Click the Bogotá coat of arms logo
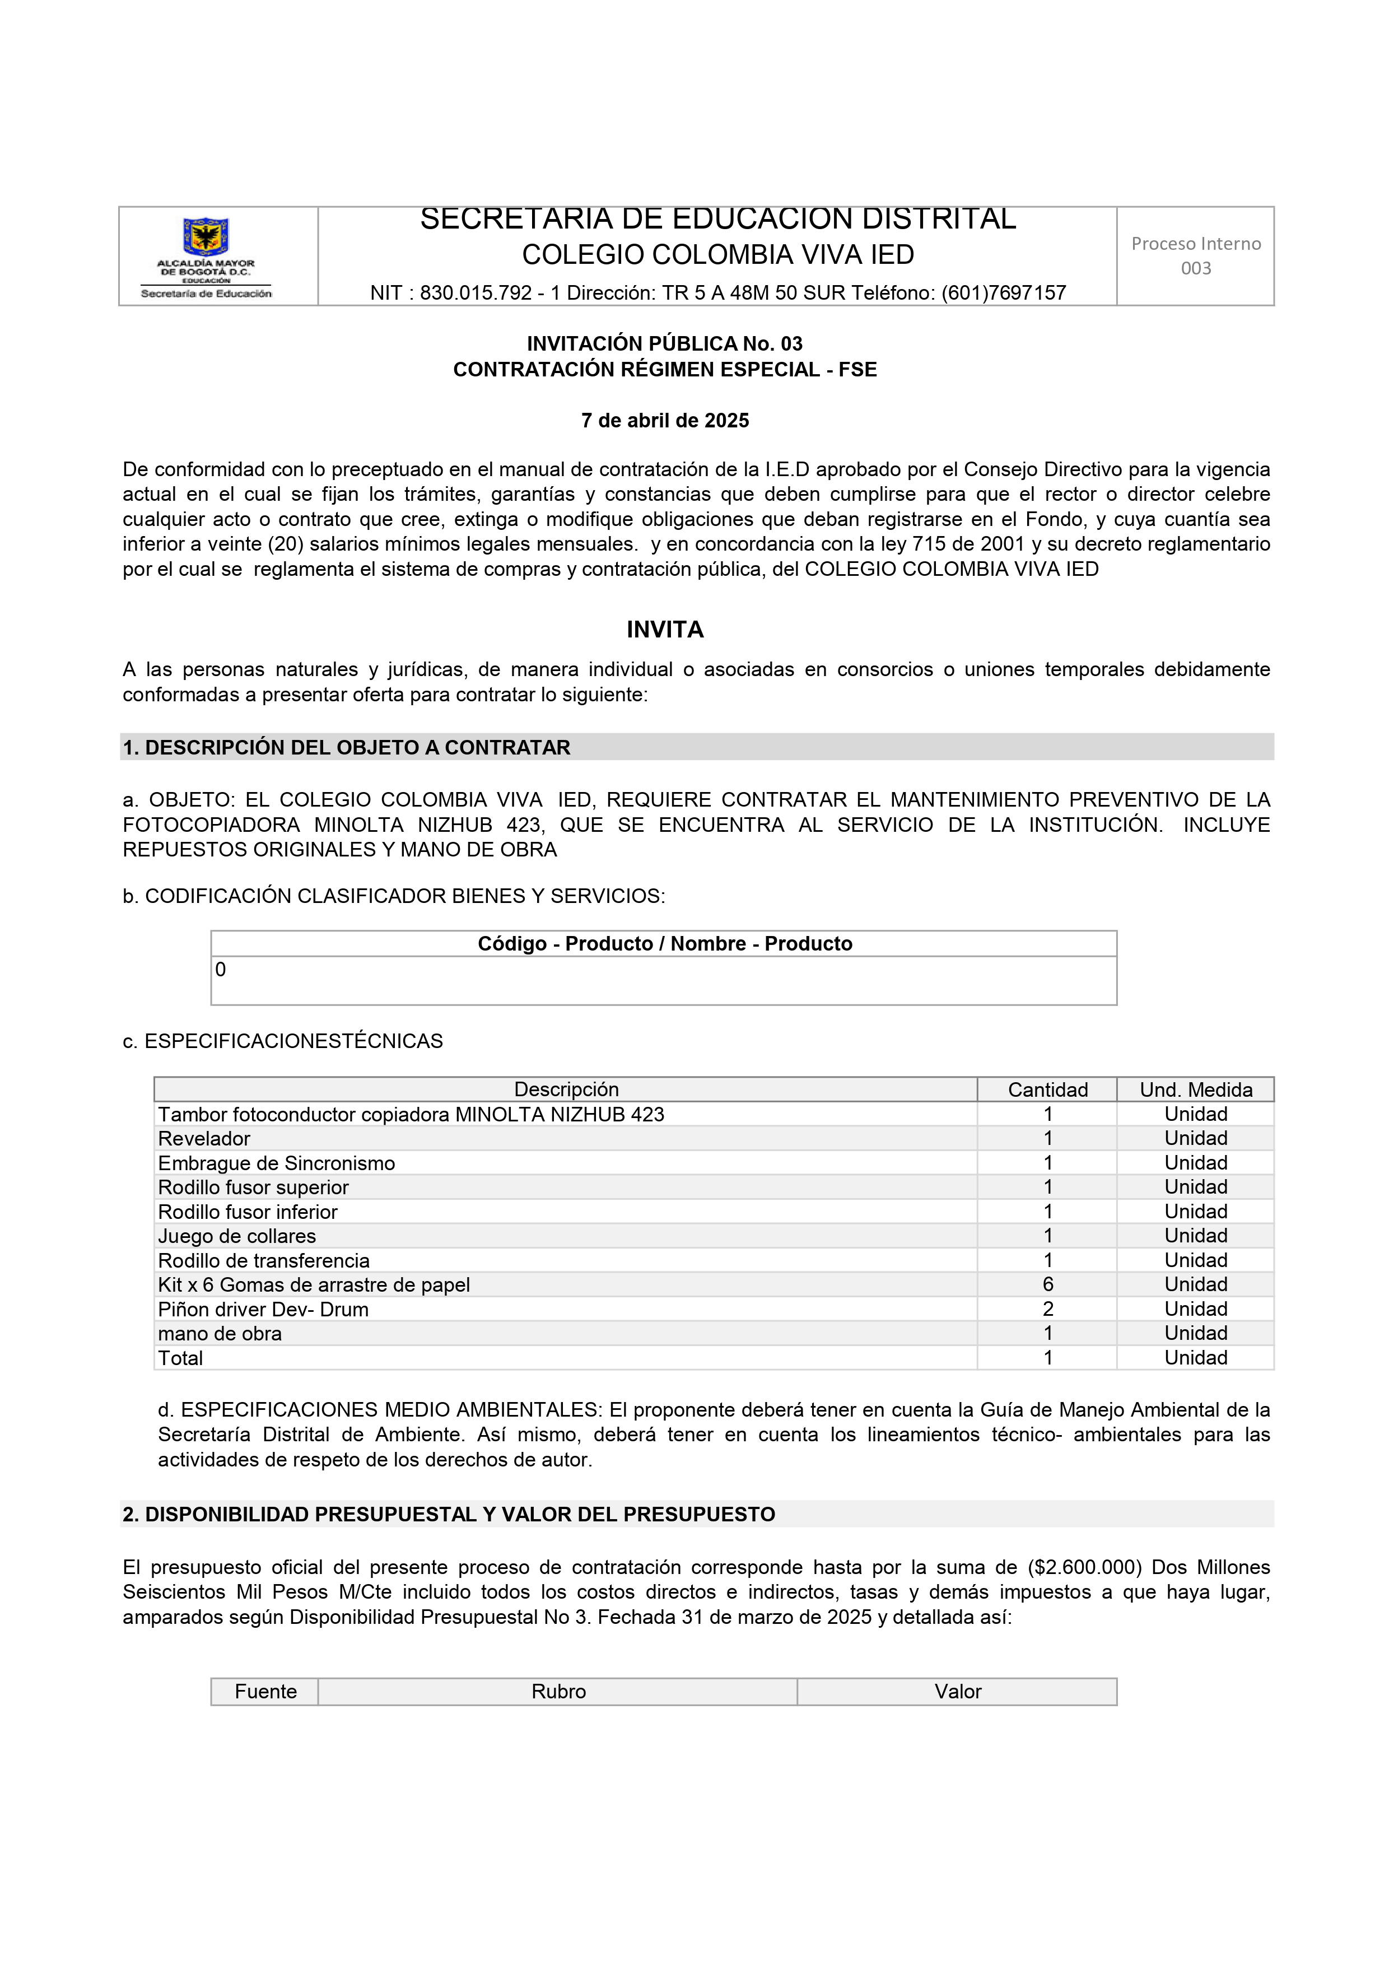point(206,236)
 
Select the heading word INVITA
point(665,630)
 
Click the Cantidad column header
point(1047,1089)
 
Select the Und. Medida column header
point(1196,1089)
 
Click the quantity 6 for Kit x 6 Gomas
point(1047,1284)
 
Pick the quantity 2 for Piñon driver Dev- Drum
point(1047,1310)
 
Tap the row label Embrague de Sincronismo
point(277,1163)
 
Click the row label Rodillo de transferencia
point(264,1261)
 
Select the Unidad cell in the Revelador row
point(1196,1138)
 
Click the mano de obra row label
point(220,1333)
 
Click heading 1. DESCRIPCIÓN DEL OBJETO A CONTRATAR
point(347,747)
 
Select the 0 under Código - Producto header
point(221,970)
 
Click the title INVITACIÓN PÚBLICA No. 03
point(665,344)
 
